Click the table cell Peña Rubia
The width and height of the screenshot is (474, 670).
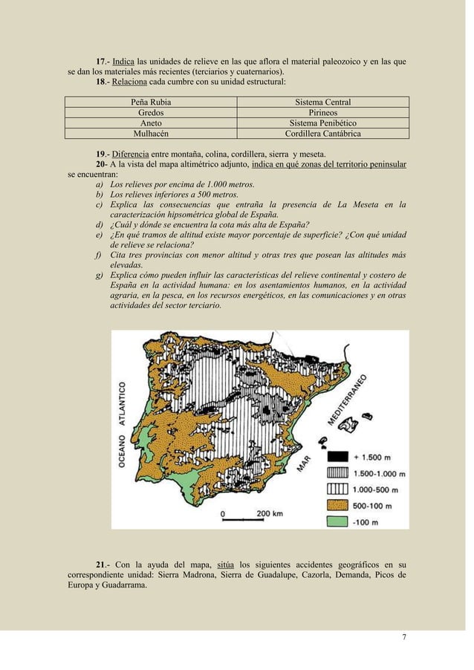point(151,102)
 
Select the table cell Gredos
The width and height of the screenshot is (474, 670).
point(151,112)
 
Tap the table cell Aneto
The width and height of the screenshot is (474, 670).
point(151,123)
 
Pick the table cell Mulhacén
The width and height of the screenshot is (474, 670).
point(151,134)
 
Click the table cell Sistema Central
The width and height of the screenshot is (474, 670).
point(323,102)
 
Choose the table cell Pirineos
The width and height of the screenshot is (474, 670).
point(323,112)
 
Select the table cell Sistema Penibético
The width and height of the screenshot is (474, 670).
point(323,123)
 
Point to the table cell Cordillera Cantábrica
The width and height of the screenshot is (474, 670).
point(323,134)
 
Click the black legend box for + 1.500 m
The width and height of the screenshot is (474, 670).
point(337,457)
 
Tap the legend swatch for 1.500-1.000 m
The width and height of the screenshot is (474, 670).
point(337,472)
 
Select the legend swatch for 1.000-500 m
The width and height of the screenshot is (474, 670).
point(337,489)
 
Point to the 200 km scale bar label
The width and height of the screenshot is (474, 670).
point(270,513)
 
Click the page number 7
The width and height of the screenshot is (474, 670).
point(404,637)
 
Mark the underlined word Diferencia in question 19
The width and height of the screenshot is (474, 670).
point(131,154)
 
